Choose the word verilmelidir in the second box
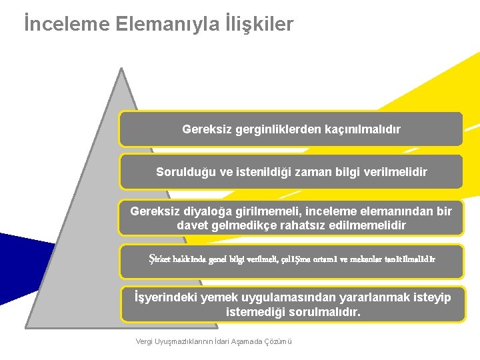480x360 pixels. click(x=396, y=171)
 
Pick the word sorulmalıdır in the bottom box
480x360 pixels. click(x=323, y=311)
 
